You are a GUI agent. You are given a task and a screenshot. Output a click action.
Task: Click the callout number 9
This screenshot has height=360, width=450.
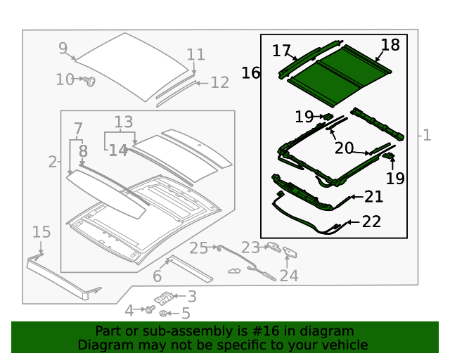coord(63,48)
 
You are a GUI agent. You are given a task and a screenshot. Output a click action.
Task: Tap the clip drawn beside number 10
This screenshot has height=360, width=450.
coord(90,82)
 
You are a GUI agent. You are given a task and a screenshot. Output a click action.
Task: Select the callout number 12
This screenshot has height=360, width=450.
coord(219,83)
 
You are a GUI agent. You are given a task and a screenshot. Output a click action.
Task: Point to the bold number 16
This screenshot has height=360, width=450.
coord(251,72)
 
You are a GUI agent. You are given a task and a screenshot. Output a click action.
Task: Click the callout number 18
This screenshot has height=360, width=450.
coord(390,45)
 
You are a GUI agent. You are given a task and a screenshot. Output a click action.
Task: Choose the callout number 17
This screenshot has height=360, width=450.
coord(281,51)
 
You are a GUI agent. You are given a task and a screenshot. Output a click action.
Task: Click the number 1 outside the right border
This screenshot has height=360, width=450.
coord(427,135)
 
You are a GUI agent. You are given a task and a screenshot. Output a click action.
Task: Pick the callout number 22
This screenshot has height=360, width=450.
coord(371,221)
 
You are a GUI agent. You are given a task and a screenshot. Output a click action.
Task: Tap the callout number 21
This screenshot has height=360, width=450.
coord(373,198)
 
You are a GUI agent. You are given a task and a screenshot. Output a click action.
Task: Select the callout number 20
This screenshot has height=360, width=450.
coord(344,148)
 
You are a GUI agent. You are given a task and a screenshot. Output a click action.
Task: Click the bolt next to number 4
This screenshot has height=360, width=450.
coord(150,309)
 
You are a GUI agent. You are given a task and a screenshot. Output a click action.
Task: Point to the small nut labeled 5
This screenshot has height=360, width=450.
coord(164,314)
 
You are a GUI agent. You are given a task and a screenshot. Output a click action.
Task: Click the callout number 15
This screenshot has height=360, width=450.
coord(41,232)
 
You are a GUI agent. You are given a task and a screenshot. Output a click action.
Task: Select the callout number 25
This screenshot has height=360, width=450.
coord(199,247)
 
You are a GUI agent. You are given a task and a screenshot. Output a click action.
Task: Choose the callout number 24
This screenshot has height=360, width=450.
coord(289,276)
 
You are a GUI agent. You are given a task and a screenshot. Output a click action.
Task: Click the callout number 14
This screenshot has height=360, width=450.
coord(118,150)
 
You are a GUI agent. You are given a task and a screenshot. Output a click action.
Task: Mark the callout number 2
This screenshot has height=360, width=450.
coord(53,162)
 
